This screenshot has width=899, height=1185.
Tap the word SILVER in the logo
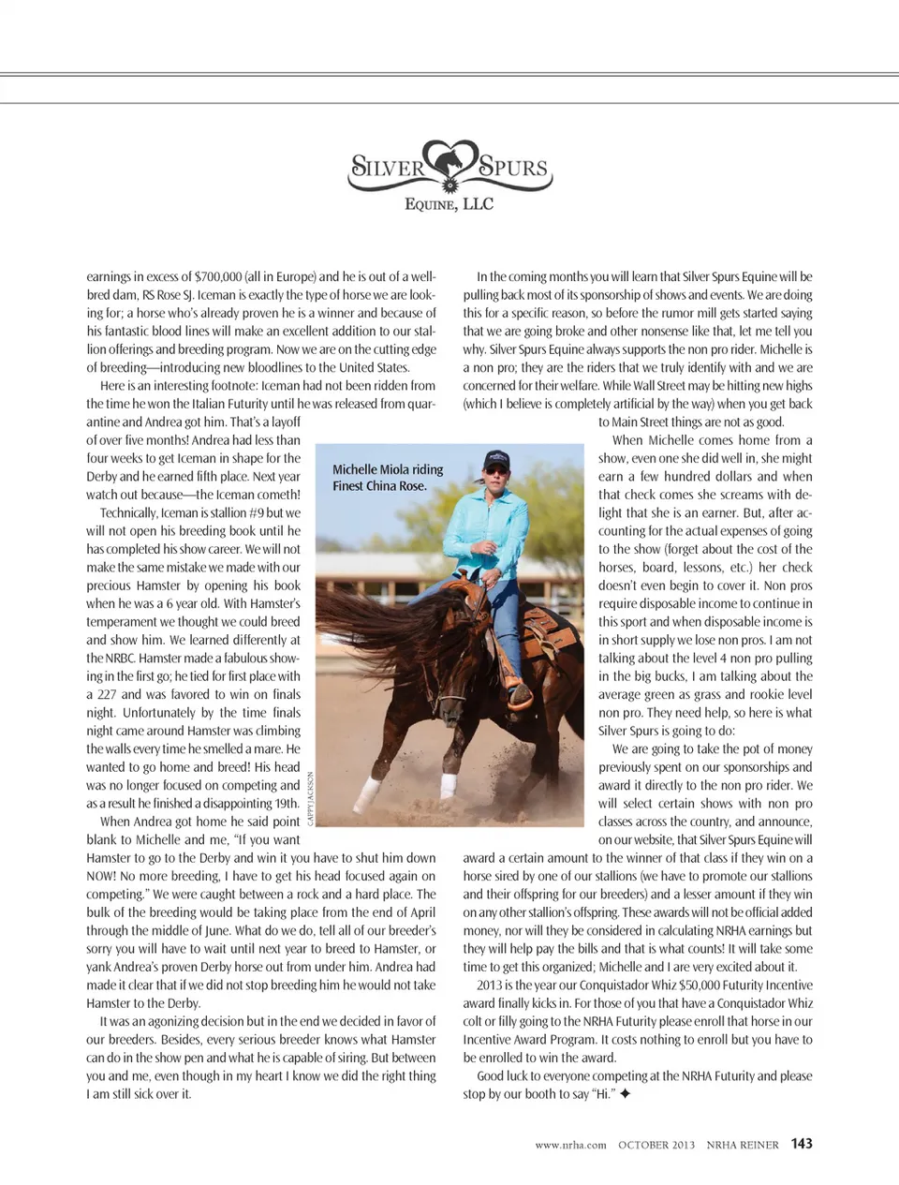click(x=388, y=169)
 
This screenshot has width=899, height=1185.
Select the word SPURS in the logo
click(x=512, y=169)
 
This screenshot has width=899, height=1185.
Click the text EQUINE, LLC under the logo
click(x=449, y=204)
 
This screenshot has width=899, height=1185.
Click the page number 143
click(x=802, y=1144)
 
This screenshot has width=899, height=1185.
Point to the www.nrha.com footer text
click(x=570, y=1145)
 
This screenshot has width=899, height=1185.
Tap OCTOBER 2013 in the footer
click(x=656, y=1145)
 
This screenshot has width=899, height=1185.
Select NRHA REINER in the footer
click(x=743, y=1145)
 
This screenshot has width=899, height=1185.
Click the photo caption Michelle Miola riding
click(x=388, y=469)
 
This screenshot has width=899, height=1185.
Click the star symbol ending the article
click(x=625, y=1094)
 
